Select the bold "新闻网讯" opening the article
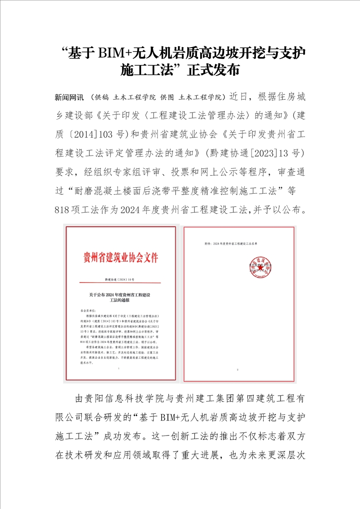(x=69, y=98)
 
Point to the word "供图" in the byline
(x=168, y=98)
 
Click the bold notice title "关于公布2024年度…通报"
(x=120, y=298)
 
